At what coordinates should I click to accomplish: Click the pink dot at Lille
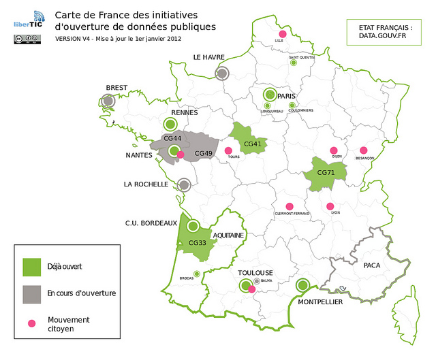coord(281,33)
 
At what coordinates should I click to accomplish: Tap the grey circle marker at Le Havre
coord(222,73)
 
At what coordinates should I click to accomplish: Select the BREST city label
coord(116,87)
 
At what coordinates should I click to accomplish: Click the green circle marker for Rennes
coord(171,124)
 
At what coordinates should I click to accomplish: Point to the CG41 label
coord(252,144)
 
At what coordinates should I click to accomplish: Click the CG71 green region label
coord(325,173)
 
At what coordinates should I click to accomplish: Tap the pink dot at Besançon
coord(364,150)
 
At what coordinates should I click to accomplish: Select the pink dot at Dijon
coord(334,150)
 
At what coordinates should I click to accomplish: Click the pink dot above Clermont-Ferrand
coord(290,206)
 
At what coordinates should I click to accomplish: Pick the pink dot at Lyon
coord(330,206)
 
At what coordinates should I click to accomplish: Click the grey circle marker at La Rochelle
coord(183,184)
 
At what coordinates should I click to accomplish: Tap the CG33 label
coord(197,243)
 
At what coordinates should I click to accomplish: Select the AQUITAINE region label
coord(228,235)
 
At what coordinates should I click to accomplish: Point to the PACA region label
coord(371,265)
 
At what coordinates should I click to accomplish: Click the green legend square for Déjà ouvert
coord(32,266)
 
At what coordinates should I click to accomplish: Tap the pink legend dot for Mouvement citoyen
coord(31,323)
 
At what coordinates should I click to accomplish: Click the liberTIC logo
coord(28,20)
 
